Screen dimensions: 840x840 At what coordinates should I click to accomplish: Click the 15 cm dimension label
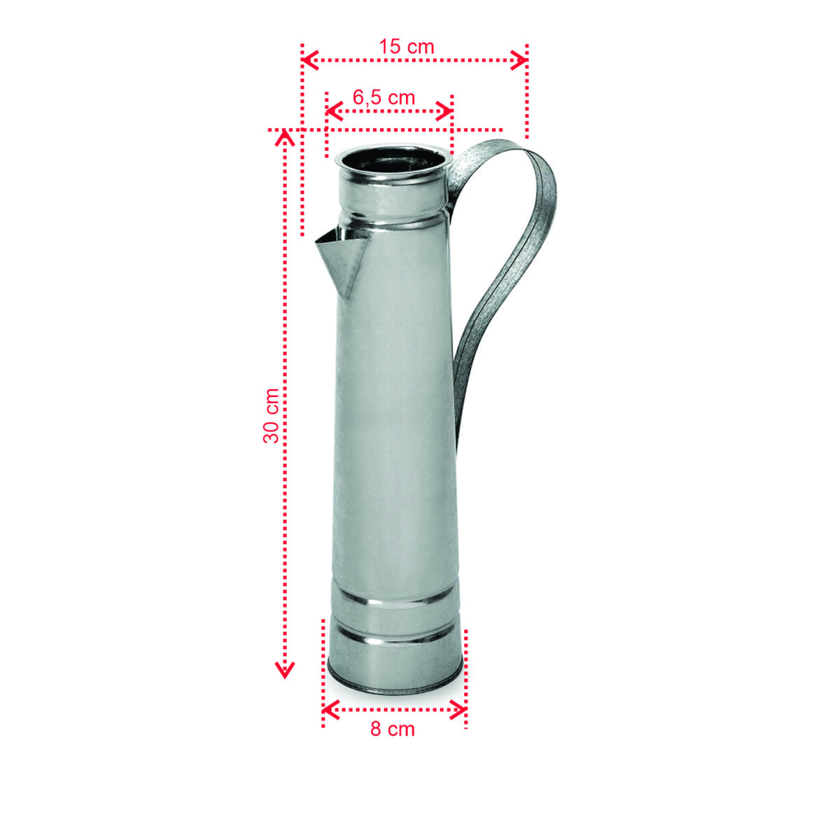(407, 47)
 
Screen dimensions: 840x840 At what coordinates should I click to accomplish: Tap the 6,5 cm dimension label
(384, 97)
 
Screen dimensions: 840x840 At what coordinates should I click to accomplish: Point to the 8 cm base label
(393, 729)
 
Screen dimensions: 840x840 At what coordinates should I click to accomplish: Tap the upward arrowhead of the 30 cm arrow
(284, 136)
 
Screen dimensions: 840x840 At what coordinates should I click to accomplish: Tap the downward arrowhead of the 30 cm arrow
(284, 672)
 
